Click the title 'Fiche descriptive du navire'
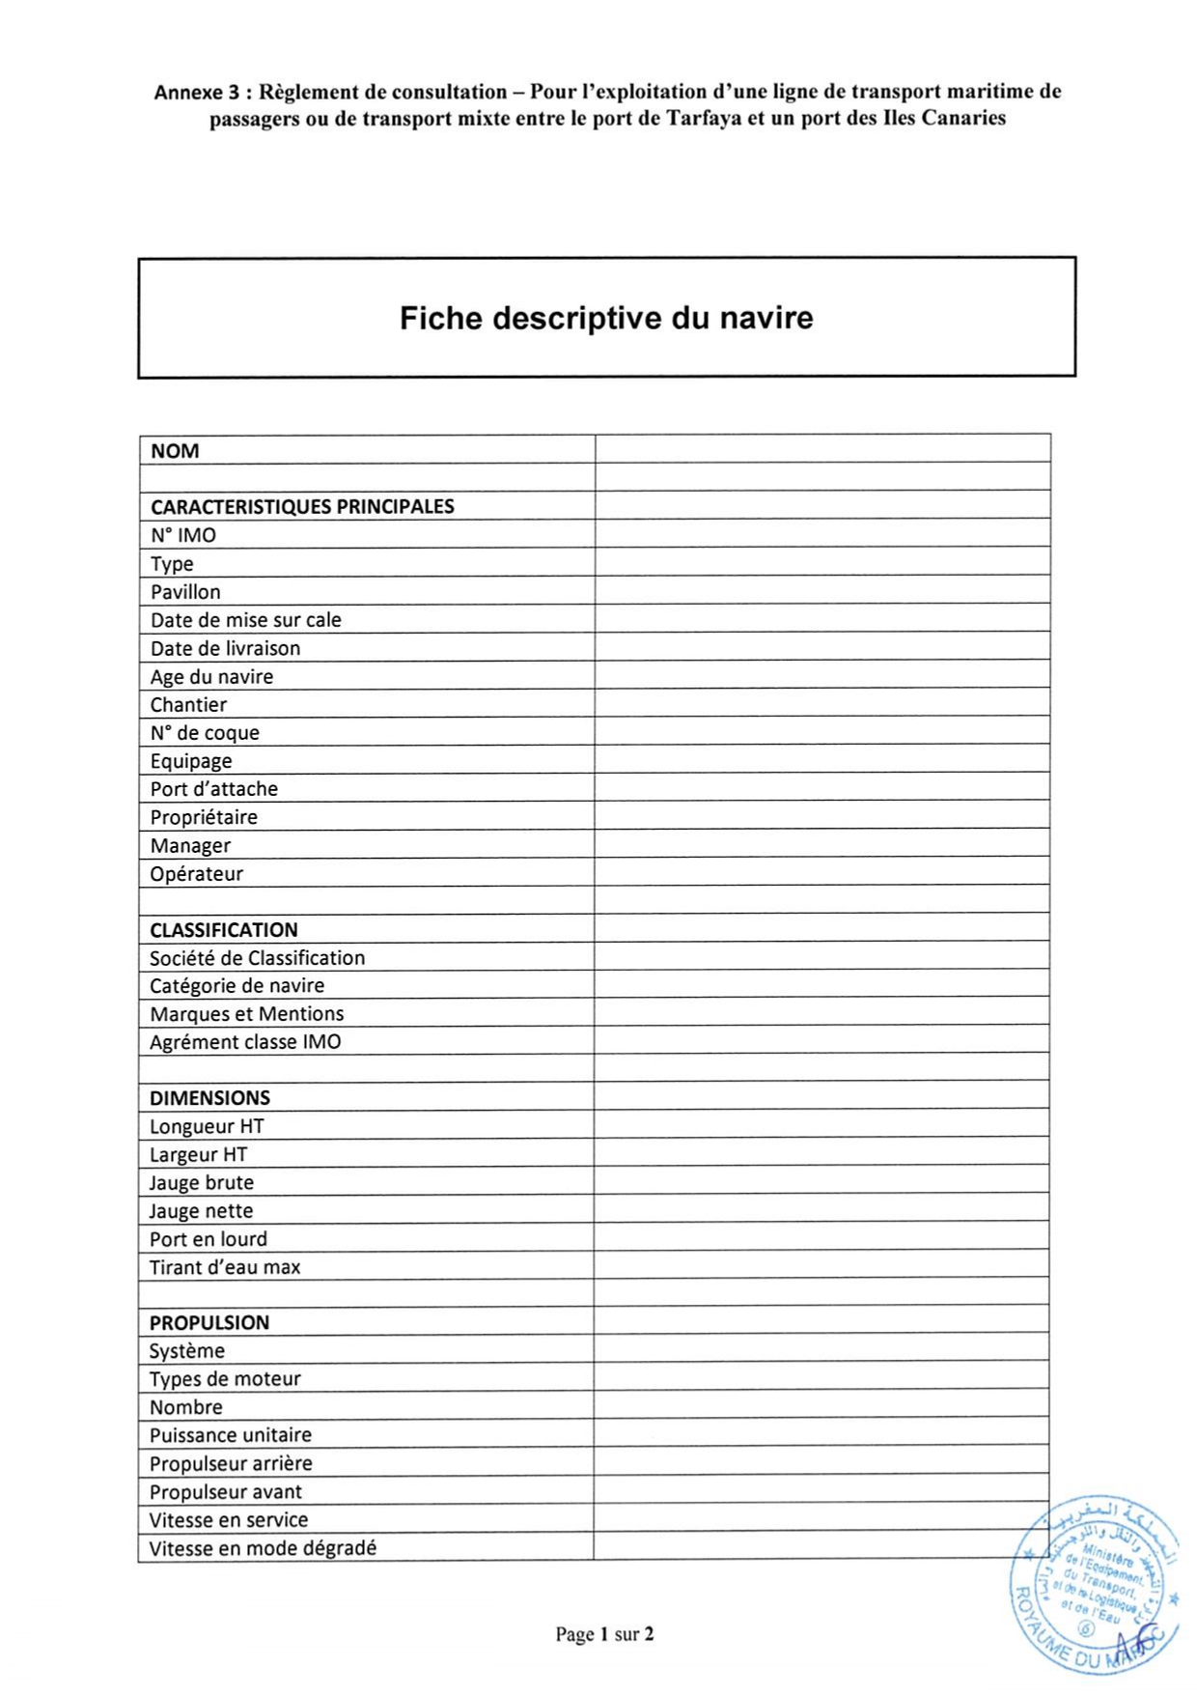point(606,318)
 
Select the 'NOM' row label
point(175,451)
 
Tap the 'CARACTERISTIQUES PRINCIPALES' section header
point(302,506)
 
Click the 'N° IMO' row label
point(183,535)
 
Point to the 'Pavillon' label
point(185,591)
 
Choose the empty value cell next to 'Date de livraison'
point(821,647)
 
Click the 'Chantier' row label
point(188,704)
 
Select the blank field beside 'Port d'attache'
point(821,788)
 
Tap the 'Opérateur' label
point(196,873)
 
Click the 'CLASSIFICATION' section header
point(224,930)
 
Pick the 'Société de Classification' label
point(258,958)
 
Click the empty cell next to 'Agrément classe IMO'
point(821,1041)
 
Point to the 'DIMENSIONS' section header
point(209,1098)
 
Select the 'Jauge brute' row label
point(202,1182)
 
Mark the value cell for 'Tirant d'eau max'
point(821,1266)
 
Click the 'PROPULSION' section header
point(209,1322)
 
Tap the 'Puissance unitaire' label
point(231,1435)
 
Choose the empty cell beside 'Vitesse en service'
point(821,1519)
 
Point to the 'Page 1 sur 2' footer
point(604,1634)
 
